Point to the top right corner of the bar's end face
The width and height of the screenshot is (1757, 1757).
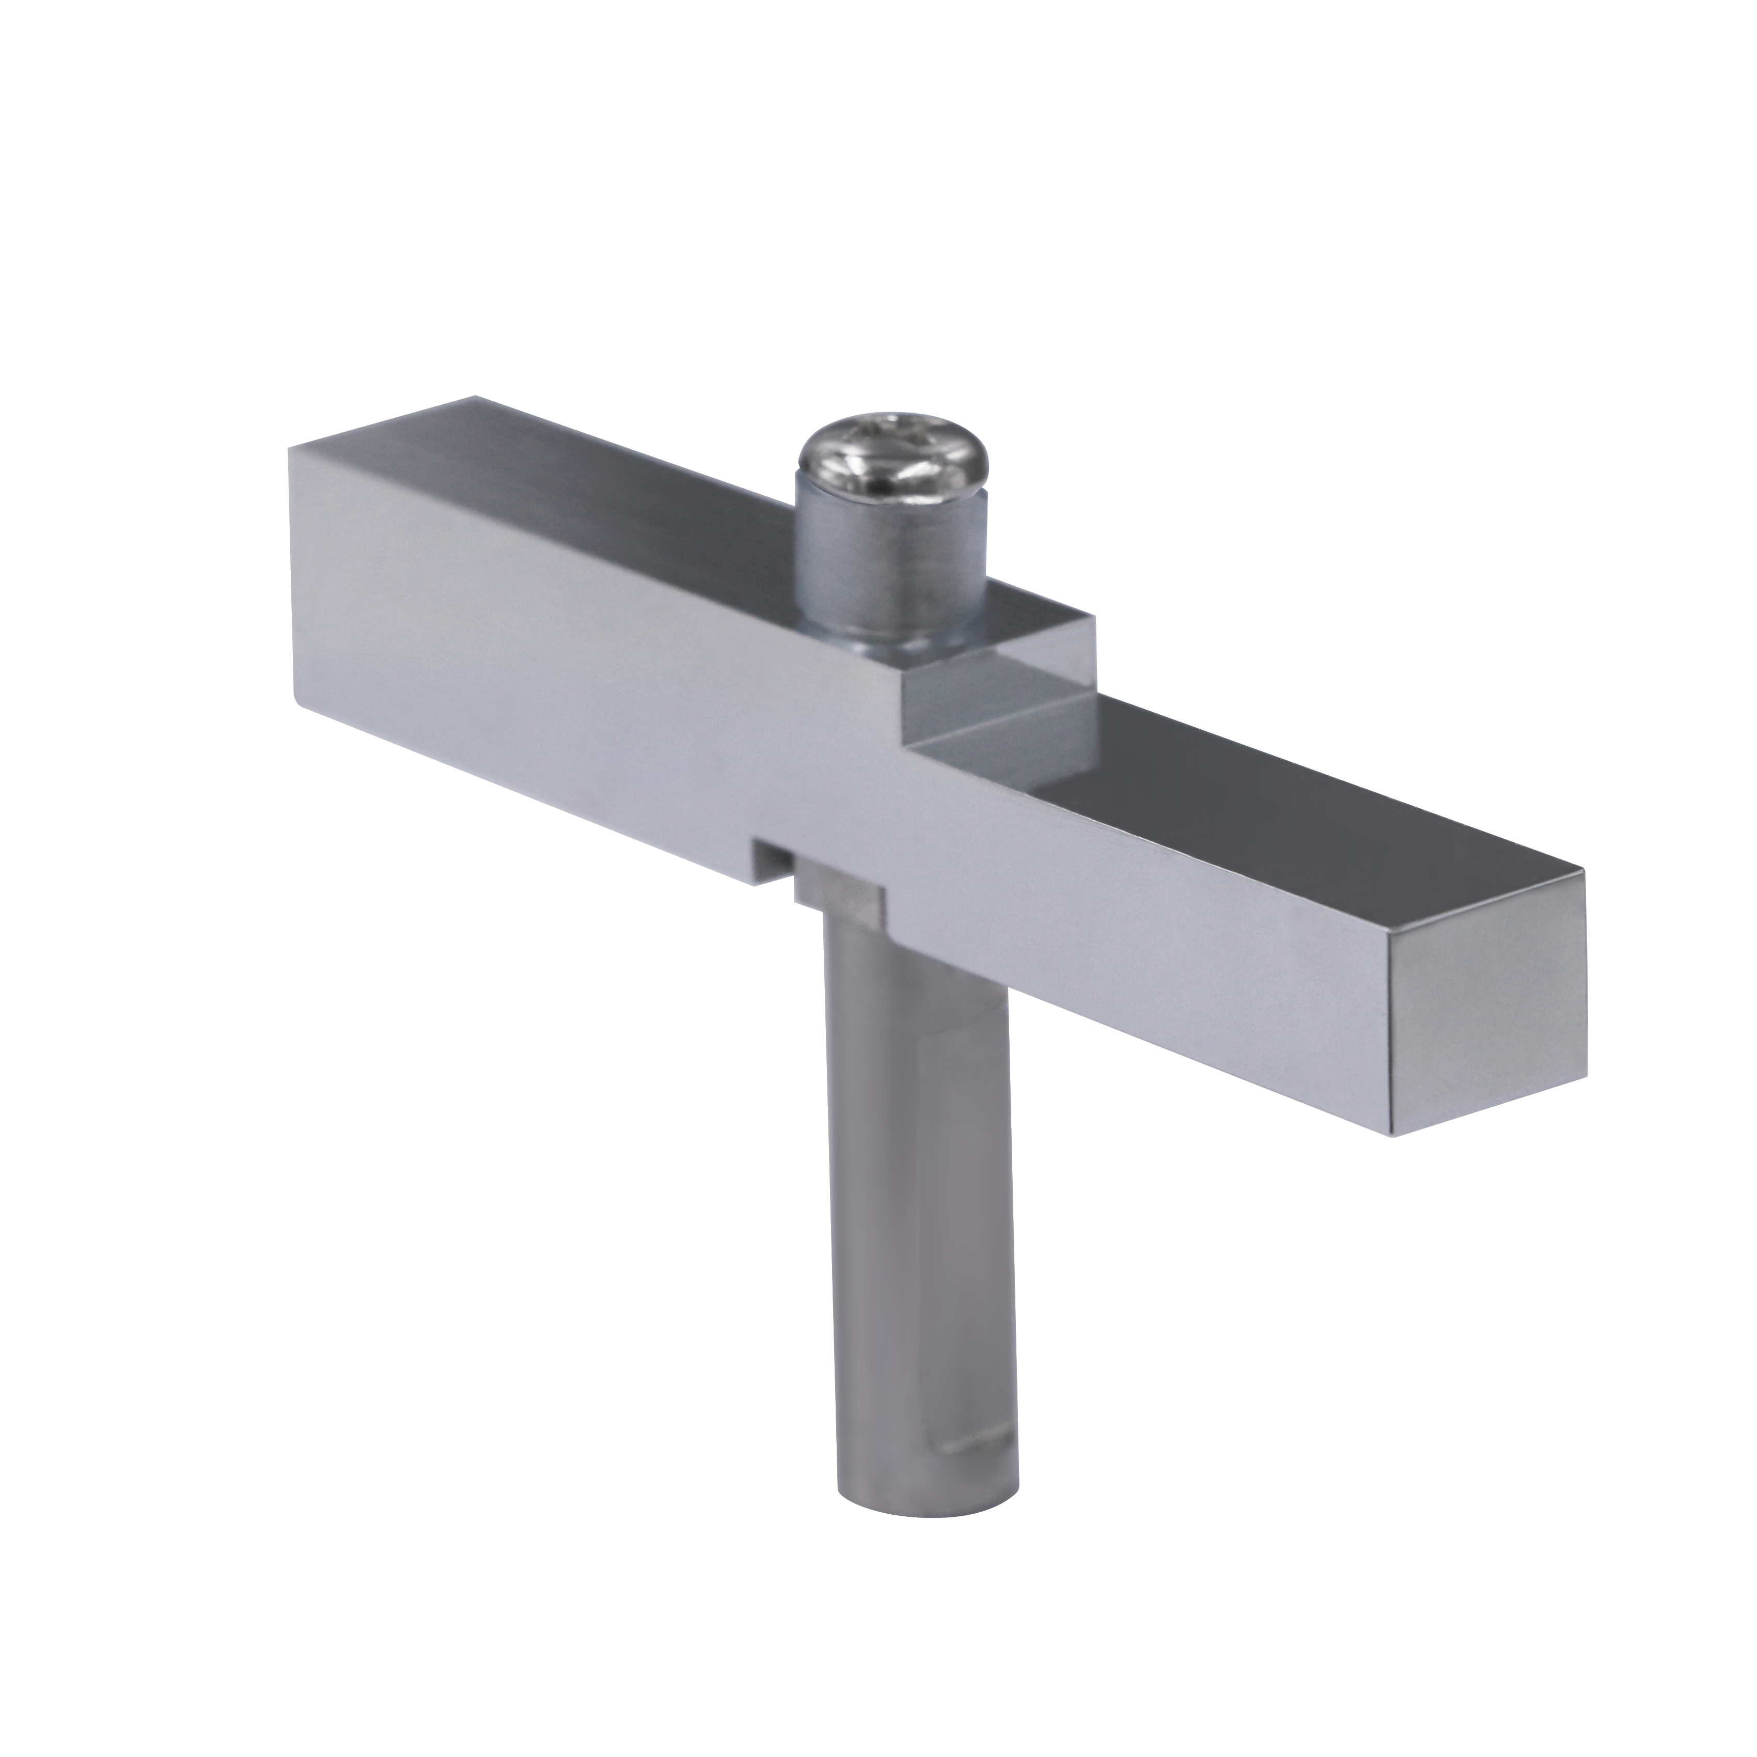pos(1584,869)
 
